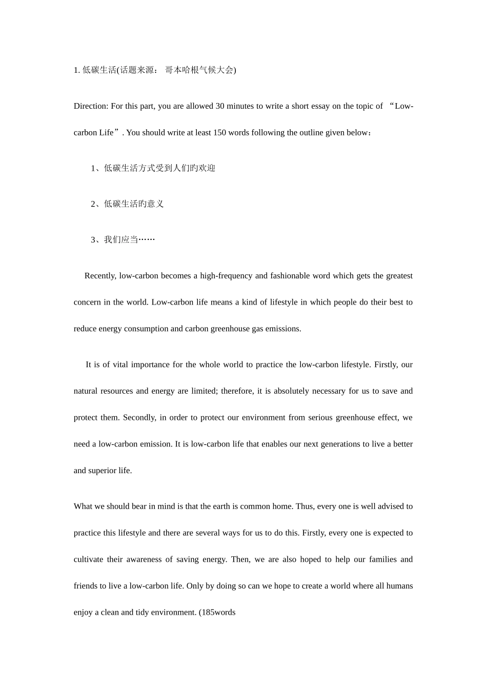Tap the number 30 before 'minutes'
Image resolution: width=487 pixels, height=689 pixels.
click(x=220, y=106)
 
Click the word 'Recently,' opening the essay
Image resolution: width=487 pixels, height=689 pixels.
click(x=100, y=276)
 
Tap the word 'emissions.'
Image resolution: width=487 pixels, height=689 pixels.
click(x=283, y=329)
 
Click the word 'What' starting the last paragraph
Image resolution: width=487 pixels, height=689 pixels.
click(x=83, y=506)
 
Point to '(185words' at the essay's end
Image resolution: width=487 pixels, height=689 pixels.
click(x=217, y=613)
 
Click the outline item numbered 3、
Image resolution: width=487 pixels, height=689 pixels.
click(x=123, y=240)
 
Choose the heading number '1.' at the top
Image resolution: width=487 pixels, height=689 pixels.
click(x=77, y=70)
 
